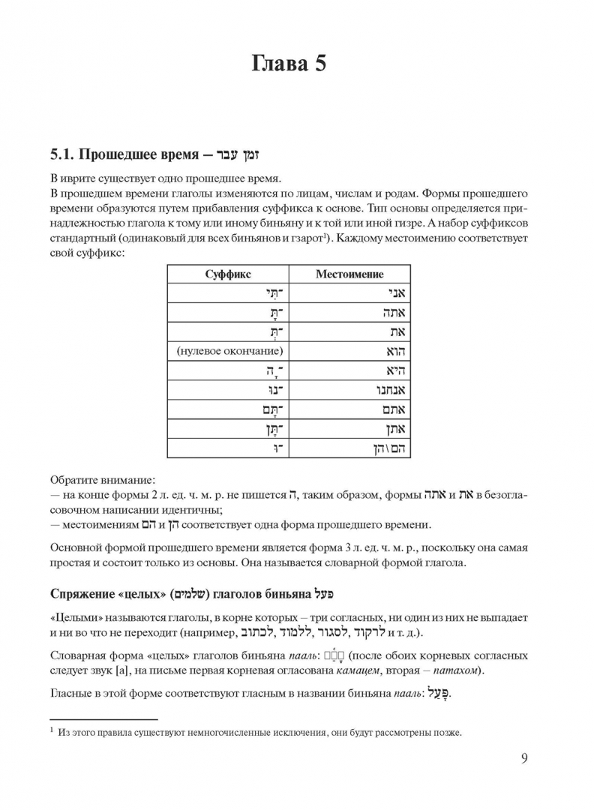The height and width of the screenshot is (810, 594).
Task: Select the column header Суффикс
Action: point(228,274)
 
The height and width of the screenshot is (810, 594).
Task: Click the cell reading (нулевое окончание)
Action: point(223,351)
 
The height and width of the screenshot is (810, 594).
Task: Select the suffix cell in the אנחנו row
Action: point(274,391)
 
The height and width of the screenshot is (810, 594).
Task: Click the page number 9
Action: point(524,757)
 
